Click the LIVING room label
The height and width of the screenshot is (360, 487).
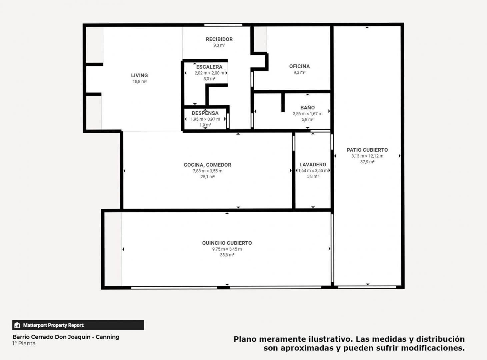click(x=139, y=75)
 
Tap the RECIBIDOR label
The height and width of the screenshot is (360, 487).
click(x=219, y=39)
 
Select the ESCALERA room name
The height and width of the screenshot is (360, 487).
click(x=209, y=67)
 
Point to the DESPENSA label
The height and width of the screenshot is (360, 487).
click(x=205, y=113)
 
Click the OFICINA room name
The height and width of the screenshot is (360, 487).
click(x=299, y=66)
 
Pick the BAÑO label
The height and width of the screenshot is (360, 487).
click(x=307, y=107)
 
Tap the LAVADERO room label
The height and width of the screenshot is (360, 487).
click(x=313, y=165)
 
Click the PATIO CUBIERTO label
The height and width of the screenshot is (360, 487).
click(x=367, y=150)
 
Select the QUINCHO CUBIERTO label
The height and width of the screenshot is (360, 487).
click(x=227, y=243)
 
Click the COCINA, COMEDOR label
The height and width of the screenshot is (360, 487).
click(x=207, y=165)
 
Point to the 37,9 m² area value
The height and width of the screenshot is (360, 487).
click(x=367, y=162)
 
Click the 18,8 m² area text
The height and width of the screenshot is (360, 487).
click(x=139, y=81)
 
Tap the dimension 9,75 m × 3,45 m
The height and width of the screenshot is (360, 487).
click(x=227, y=249)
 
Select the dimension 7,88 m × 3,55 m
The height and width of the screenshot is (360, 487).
click(x=207, y=171)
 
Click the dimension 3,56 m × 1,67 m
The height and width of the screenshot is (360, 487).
click(x=307, y=114)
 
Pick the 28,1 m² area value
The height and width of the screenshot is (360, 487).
click(x=207, y=177)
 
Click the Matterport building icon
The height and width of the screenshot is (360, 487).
click(x=17, y=325)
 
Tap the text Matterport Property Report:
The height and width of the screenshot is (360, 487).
click(x=54, y=325)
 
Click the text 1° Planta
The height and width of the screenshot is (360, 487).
click(x=24, y=344)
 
